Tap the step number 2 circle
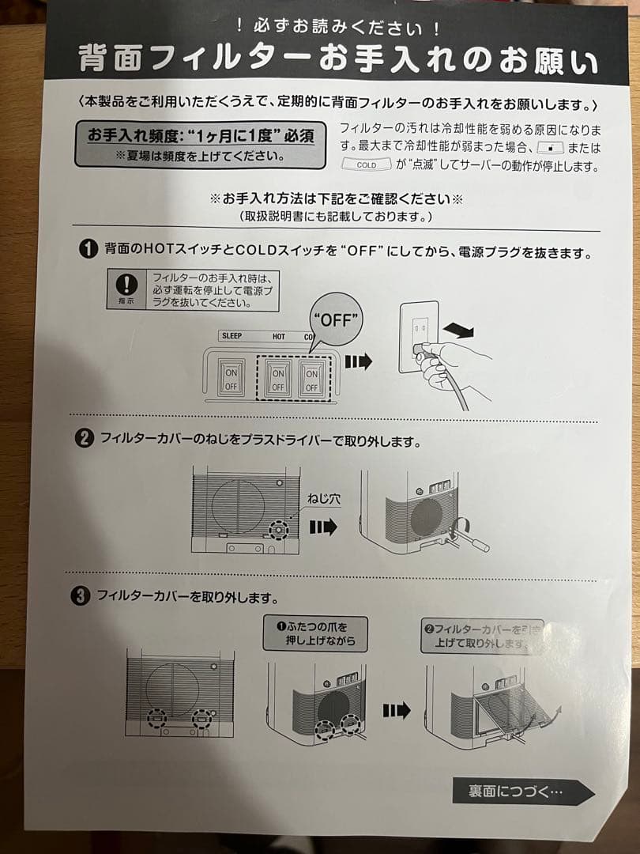pos(84,439)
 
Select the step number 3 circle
pos(80,596)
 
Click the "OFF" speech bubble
pos(337,319)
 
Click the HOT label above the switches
pos(279,336)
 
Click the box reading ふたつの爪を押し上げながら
pos(315,633)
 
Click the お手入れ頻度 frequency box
pos(200,144)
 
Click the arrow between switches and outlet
pos(358,361)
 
